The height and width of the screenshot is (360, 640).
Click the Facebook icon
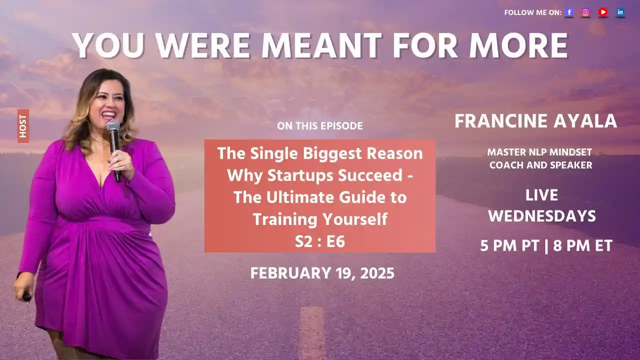569,12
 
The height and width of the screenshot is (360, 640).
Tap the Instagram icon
585,12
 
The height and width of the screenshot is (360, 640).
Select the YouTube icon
603,12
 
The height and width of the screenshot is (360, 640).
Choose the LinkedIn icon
620,12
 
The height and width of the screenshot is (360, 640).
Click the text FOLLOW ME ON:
532,13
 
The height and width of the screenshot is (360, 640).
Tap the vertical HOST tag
23,126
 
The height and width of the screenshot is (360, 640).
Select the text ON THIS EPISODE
320,126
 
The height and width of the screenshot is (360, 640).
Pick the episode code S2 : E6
320,241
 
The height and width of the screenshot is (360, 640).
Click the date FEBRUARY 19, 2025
322,273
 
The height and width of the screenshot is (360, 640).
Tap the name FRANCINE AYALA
535,121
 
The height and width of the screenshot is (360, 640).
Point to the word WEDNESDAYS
542,216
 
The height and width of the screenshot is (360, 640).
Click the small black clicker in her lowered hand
26,296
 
